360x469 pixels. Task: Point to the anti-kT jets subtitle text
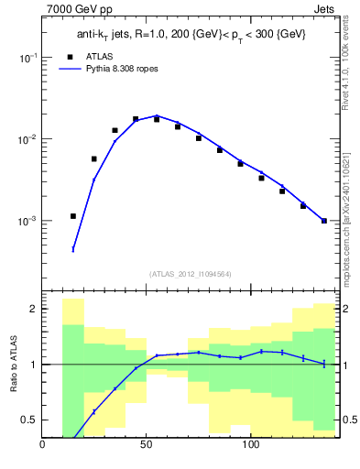click(x=190, y=35)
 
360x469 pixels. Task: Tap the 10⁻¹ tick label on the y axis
click(x=27, y=57)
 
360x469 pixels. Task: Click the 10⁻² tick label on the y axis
click(x=27, y=139)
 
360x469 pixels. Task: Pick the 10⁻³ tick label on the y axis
click(x=27, y=222)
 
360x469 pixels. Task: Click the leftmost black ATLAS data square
click(x=73, y=216)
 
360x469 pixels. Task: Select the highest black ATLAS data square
click(x=136, y=119)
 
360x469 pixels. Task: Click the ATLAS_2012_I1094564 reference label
click(x=190, y=274)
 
